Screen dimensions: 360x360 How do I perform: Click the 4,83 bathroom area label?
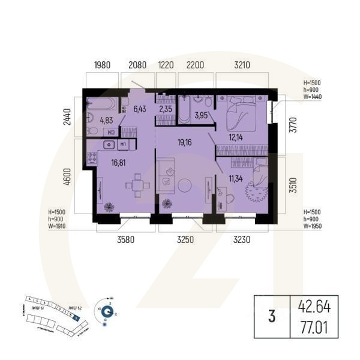click(x=106, y=119)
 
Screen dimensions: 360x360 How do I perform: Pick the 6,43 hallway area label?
click(x=140, y=109)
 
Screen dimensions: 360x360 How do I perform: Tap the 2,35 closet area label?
click(x=166, y=109)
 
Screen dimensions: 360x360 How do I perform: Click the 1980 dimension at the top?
click(x=103, y=64)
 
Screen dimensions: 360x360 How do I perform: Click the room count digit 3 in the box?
click(x=272, y=317)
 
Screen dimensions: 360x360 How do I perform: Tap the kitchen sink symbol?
click(x=109, y=144)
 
